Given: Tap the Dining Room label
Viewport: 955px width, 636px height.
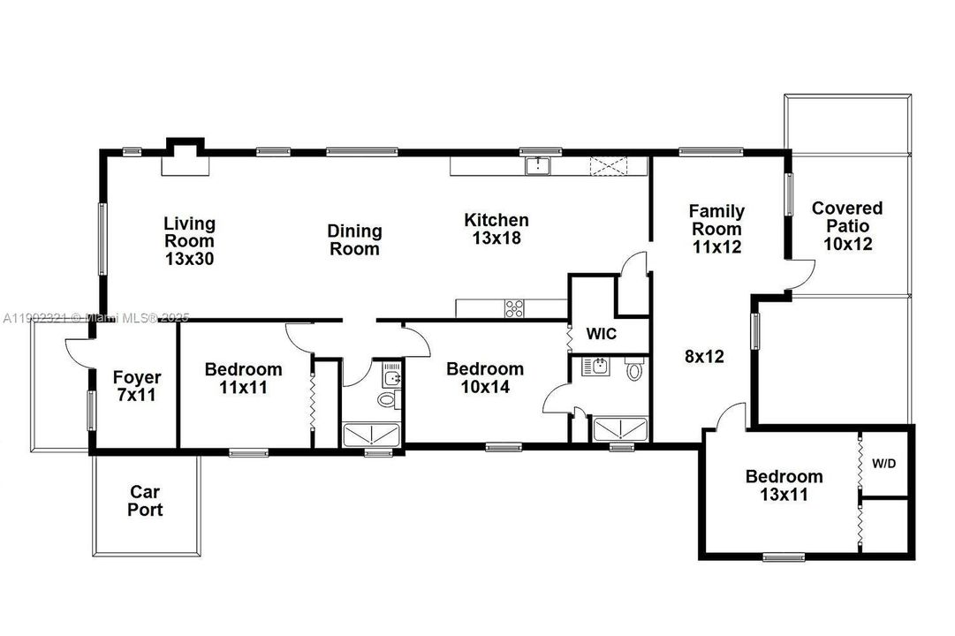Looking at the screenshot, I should (354, 240).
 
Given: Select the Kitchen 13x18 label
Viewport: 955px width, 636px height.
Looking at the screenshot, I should (496, 229).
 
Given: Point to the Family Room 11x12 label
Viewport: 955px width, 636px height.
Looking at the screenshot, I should (716, 229).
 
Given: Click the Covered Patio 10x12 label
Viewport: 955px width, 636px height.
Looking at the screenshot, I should (846, 226).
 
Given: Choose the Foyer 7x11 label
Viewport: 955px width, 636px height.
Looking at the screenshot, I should (137, 387).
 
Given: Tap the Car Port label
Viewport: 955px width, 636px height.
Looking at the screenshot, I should (146, 501).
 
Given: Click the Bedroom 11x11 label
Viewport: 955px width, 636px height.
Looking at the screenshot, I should (243, 378).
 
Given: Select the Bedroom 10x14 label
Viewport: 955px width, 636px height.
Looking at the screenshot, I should (484, 377).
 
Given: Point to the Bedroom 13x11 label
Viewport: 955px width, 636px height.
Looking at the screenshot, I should (784, 486).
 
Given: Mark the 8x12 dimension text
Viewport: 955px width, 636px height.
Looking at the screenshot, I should (704, 357).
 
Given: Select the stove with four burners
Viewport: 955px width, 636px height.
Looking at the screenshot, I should (515, 308).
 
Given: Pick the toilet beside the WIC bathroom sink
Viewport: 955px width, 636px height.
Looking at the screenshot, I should (633, 370).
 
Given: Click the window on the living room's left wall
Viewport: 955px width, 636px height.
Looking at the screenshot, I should (102, 238).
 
